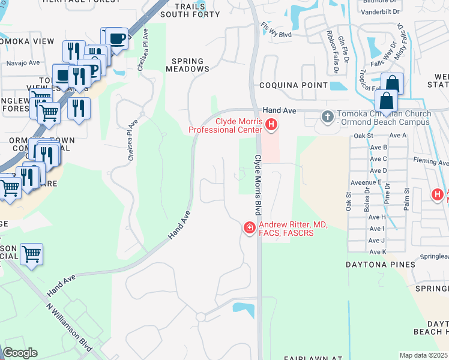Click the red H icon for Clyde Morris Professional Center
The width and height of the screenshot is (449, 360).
point(271,125)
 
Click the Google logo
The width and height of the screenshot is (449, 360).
point(20,353)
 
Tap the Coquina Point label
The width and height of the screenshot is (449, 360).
point(294,85)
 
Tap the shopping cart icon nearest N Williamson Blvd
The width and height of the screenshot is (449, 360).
point(31,253)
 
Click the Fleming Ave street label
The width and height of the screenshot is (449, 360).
point(430,162)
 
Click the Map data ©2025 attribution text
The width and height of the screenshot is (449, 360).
point(423,355)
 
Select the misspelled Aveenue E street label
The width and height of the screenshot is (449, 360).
point(367,182)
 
